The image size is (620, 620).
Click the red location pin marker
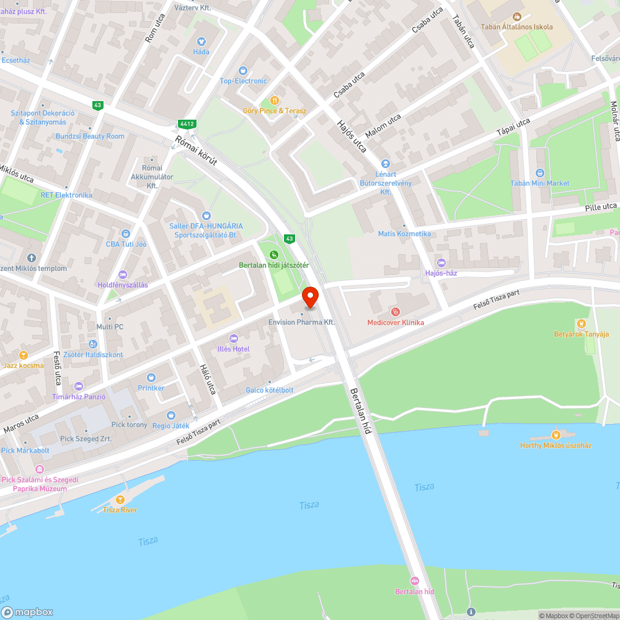click(310, 297)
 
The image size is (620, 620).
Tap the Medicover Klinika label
click(396, 322)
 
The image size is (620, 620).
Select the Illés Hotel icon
click(234, 339)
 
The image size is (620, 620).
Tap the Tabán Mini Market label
click(539, 184)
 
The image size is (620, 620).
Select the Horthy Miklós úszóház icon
click(556, 435)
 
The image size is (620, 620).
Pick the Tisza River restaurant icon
click(120, 500)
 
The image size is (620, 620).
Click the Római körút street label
click(196, 151)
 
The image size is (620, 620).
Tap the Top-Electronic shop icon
click(242, 71)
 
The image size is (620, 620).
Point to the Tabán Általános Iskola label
click(516, 27)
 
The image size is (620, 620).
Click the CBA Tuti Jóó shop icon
click(126, 234)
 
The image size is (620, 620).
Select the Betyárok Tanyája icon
click(581, 324)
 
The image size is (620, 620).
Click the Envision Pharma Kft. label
click(301, 322)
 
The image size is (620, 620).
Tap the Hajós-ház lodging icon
click(441, 263)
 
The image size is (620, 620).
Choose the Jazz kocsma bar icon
click(23, 355)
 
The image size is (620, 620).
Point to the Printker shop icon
click(151, 378)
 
